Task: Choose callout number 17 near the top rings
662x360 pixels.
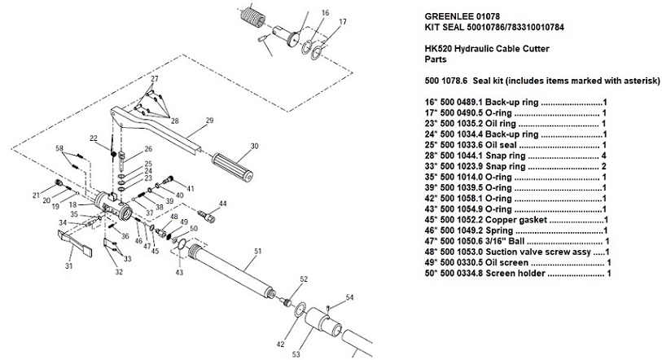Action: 343,22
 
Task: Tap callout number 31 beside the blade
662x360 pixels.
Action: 69,266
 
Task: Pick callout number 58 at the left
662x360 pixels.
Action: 59,148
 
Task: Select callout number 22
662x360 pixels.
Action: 94,138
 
